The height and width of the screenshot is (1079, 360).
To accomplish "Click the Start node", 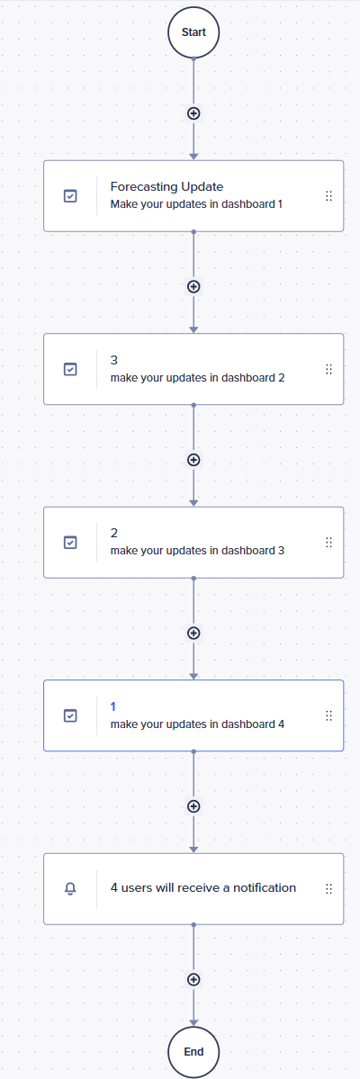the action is tap(193, 32).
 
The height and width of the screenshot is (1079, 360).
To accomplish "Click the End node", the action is tap(193, 1051).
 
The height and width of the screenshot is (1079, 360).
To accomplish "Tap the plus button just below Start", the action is tap(193, 113).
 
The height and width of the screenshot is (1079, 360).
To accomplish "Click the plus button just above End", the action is tap(193, 979).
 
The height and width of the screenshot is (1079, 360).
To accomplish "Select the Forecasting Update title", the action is tap(166, 186).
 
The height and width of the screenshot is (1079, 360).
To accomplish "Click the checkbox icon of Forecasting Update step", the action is tap(70, 196).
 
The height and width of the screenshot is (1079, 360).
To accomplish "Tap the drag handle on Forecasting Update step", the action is tap(328, 196).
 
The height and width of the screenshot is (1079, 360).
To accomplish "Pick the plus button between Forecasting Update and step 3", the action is tap(193, 286).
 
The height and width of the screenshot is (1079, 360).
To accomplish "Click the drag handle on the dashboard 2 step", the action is tap(328, 370).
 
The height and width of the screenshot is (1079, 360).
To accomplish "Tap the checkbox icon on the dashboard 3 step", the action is tap(70, 543).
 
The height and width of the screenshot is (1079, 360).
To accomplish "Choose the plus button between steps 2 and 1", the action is tap(193, 633).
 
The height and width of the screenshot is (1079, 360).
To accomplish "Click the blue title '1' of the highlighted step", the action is tap(113, 706).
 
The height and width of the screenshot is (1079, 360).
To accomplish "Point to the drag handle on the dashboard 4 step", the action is tap(328, 715).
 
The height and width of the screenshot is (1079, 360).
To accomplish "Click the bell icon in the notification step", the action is tap(70, 889).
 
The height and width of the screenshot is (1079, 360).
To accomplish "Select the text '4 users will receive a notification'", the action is tap(203, 887).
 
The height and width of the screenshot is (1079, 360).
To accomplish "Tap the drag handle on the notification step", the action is tap(328, 888).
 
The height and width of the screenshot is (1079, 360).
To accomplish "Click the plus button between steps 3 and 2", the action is tap(193, 460).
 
